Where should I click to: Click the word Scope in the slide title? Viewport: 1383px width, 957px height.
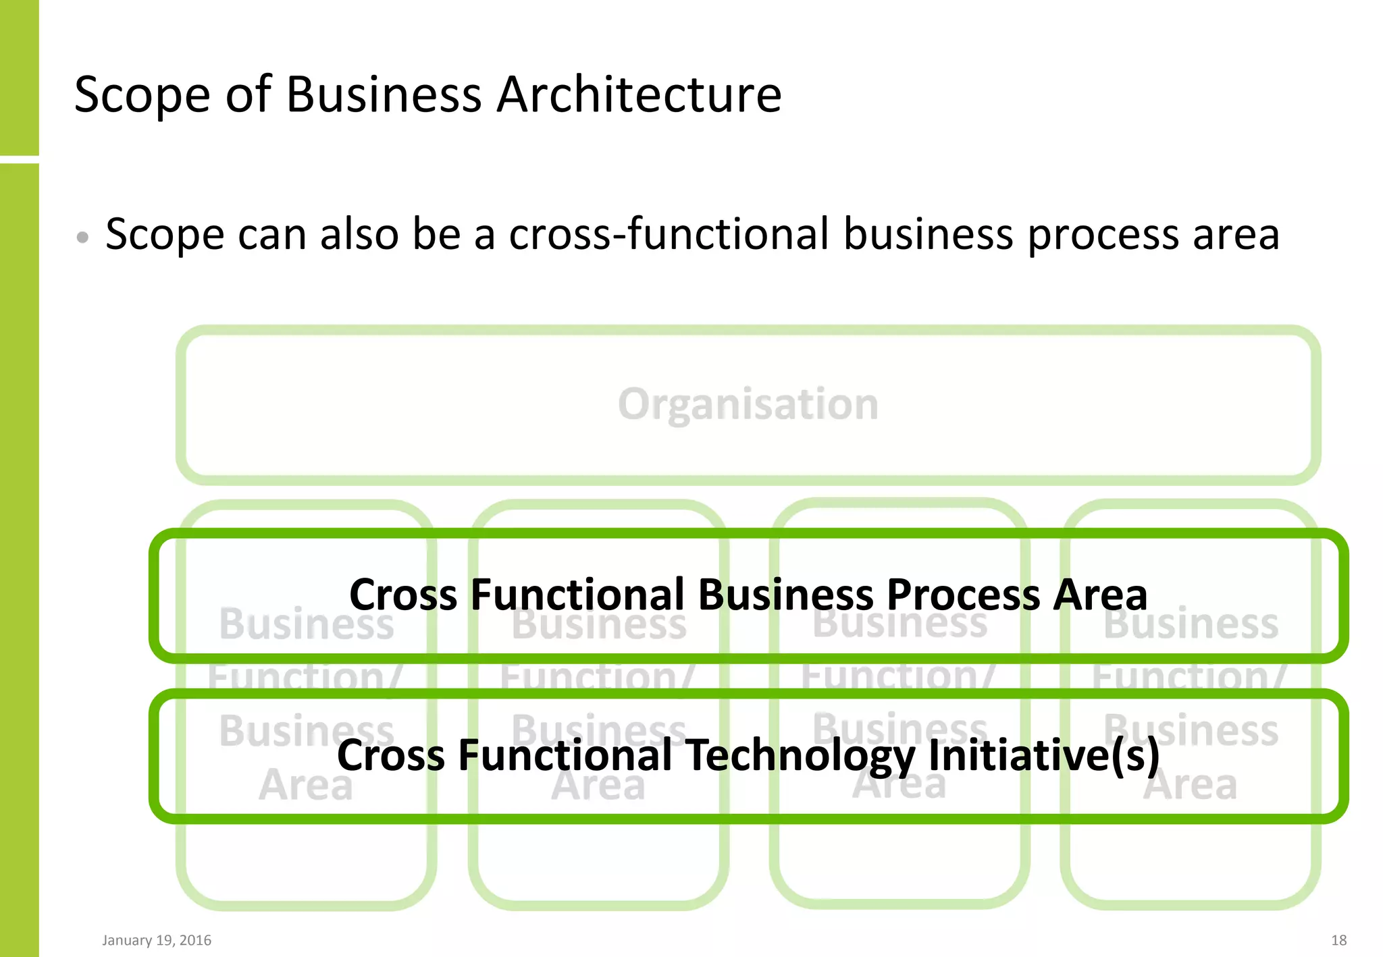click(142, 94)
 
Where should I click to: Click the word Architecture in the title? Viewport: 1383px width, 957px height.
click(639, 94)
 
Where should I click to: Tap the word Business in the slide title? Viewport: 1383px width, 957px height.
click(384, 94)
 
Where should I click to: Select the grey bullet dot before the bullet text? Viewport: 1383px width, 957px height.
click(82, 237)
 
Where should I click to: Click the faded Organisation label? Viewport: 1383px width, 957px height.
click(748, 404)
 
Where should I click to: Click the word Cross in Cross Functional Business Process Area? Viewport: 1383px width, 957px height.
click(403, 595)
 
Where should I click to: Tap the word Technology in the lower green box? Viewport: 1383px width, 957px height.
click(800, 756)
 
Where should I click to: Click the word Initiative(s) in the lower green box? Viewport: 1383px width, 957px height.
click(1044, 756)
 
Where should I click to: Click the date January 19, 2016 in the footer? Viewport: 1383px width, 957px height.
click(157, 940)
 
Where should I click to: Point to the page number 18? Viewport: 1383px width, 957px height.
click(1338, 940)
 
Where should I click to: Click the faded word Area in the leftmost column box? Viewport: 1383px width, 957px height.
click(306, 786)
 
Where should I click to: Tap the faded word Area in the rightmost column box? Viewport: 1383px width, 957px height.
click(1190, 786)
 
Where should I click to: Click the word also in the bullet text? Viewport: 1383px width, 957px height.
click(359, 234)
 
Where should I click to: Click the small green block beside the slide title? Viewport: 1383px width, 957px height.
click(19, 77)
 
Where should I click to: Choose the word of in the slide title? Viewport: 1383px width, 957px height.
click(248, 94)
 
